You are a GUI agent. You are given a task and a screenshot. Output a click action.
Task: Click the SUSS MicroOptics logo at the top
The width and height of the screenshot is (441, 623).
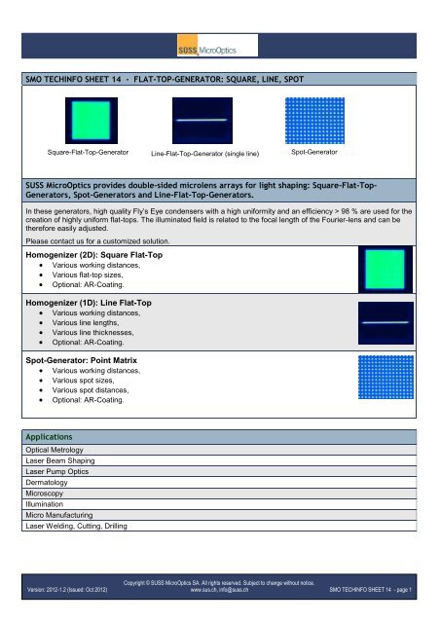[x=219, y=47]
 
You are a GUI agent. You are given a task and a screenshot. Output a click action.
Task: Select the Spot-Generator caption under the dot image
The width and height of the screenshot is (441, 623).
[x=314, y=153]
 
